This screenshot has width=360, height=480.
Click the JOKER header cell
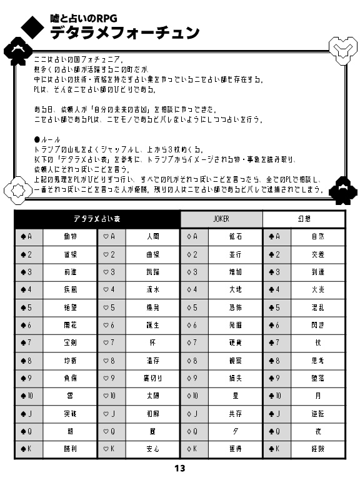221,219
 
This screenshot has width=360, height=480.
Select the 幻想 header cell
304,219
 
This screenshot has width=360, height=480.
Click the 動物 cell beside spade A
70,237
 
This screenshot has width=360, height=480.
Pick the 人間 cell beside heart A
152,237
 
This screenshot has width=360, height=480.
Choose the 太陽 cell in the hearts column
152,396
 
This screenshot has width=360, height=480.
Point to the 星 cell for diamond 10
235,396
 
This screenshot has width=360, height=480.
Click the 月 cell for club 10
317,396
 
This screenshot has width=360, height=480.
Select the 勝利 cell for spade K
70,449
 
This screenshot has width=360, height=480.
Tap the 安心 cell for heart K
152,449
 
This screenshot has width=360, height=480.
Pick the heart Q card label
111,431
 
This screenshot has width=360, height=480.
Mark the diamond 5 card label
194,307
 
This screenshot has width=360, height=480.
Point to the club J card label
276,414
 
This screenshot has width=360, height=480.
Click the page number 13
180,469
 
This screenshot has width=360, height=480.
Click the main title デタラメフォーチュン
125,32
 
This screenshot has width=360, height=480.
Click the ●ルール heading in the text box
47,139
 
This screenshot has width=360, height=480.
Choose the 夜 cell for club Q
317,431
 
